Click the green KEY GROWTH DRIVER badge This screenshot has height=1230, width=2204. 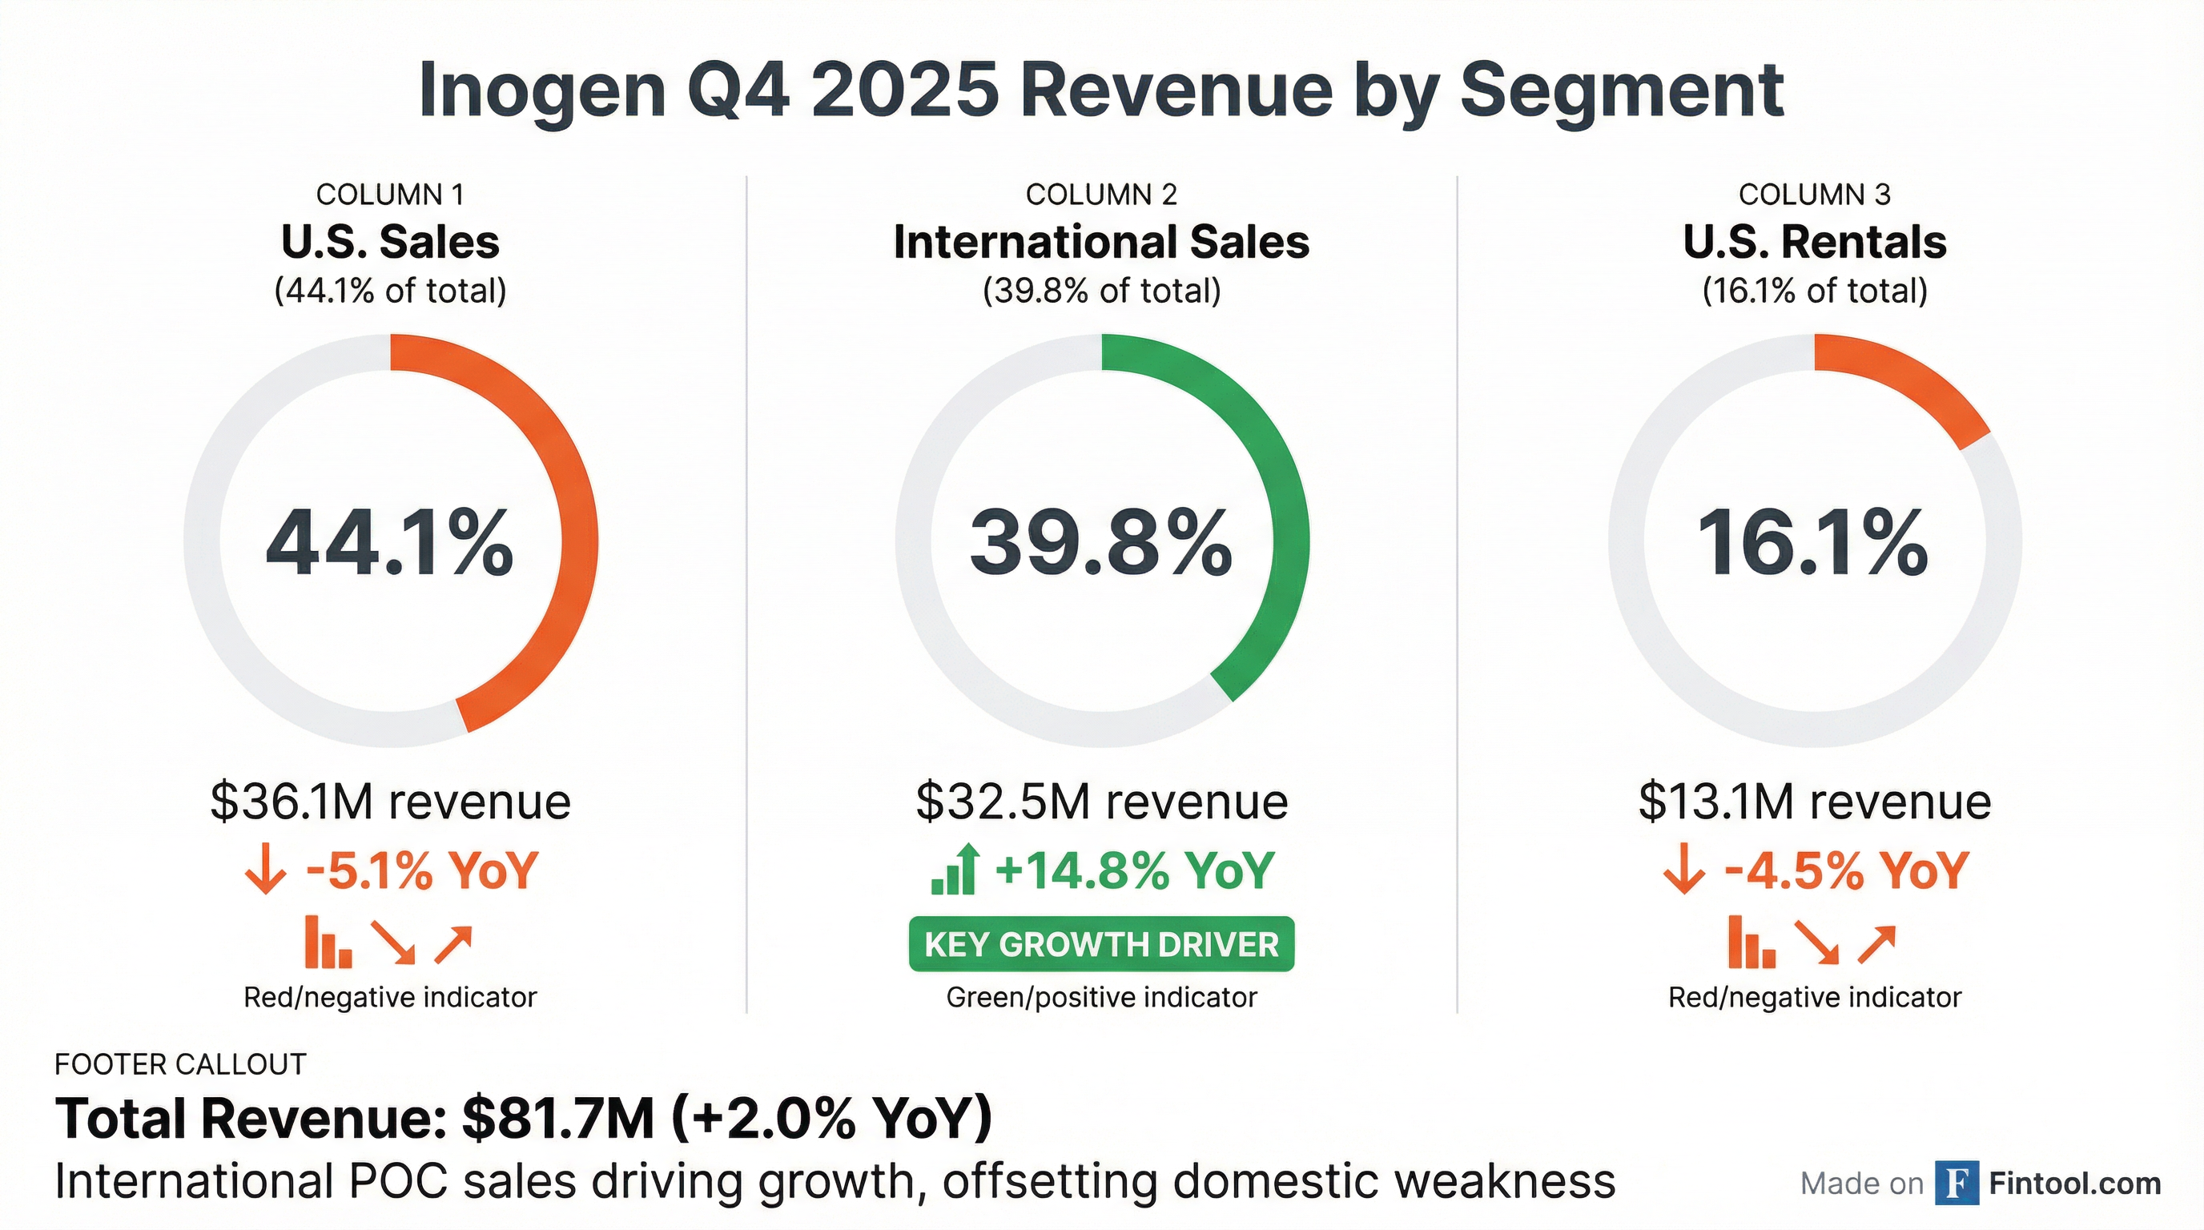coord(1101,944)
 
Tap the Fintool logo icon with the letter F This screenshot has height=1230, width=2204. coord(1956,1183)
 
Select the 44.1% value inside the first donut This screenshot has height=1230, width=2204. coord(390,543)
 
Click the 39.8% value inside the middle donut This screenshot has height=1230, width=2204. coord(1101,543)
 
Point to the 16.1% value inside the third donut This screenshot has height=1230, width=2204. coord(1813,543)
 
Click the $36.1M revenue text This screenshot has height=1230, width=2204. coord(390,802)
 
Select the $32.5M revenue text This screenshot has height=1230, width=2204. coord(1101,802)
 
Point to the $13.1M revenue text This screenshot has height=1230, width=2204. coord(1815,802)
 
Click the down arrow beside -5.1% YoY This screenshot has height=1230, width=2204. coord(264,870)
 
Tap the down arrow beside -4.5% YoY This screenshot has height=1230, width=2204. coord(1683,870)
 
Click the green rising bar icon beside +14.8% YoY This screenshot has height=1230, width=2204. coord(955,870)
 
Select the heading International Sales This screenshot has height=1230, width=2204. coord(1101,242)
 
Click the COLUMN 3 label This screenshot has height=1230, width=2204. coord(1814,195)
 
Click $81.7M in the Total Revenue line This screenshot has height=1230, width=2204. coord(558,1118)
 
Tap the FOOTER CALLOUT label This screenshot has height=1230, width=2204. coord(179,1064)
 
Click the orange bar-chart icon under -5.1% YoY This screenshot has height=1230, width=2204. coord(328,943)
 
